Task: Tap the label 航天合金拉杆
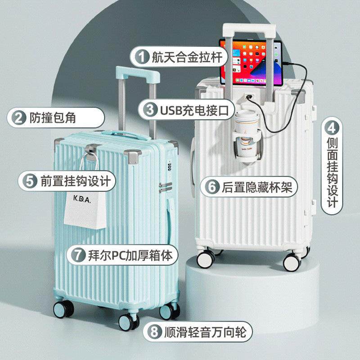[189, 58]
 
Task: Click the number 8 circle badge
[154, 333]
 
